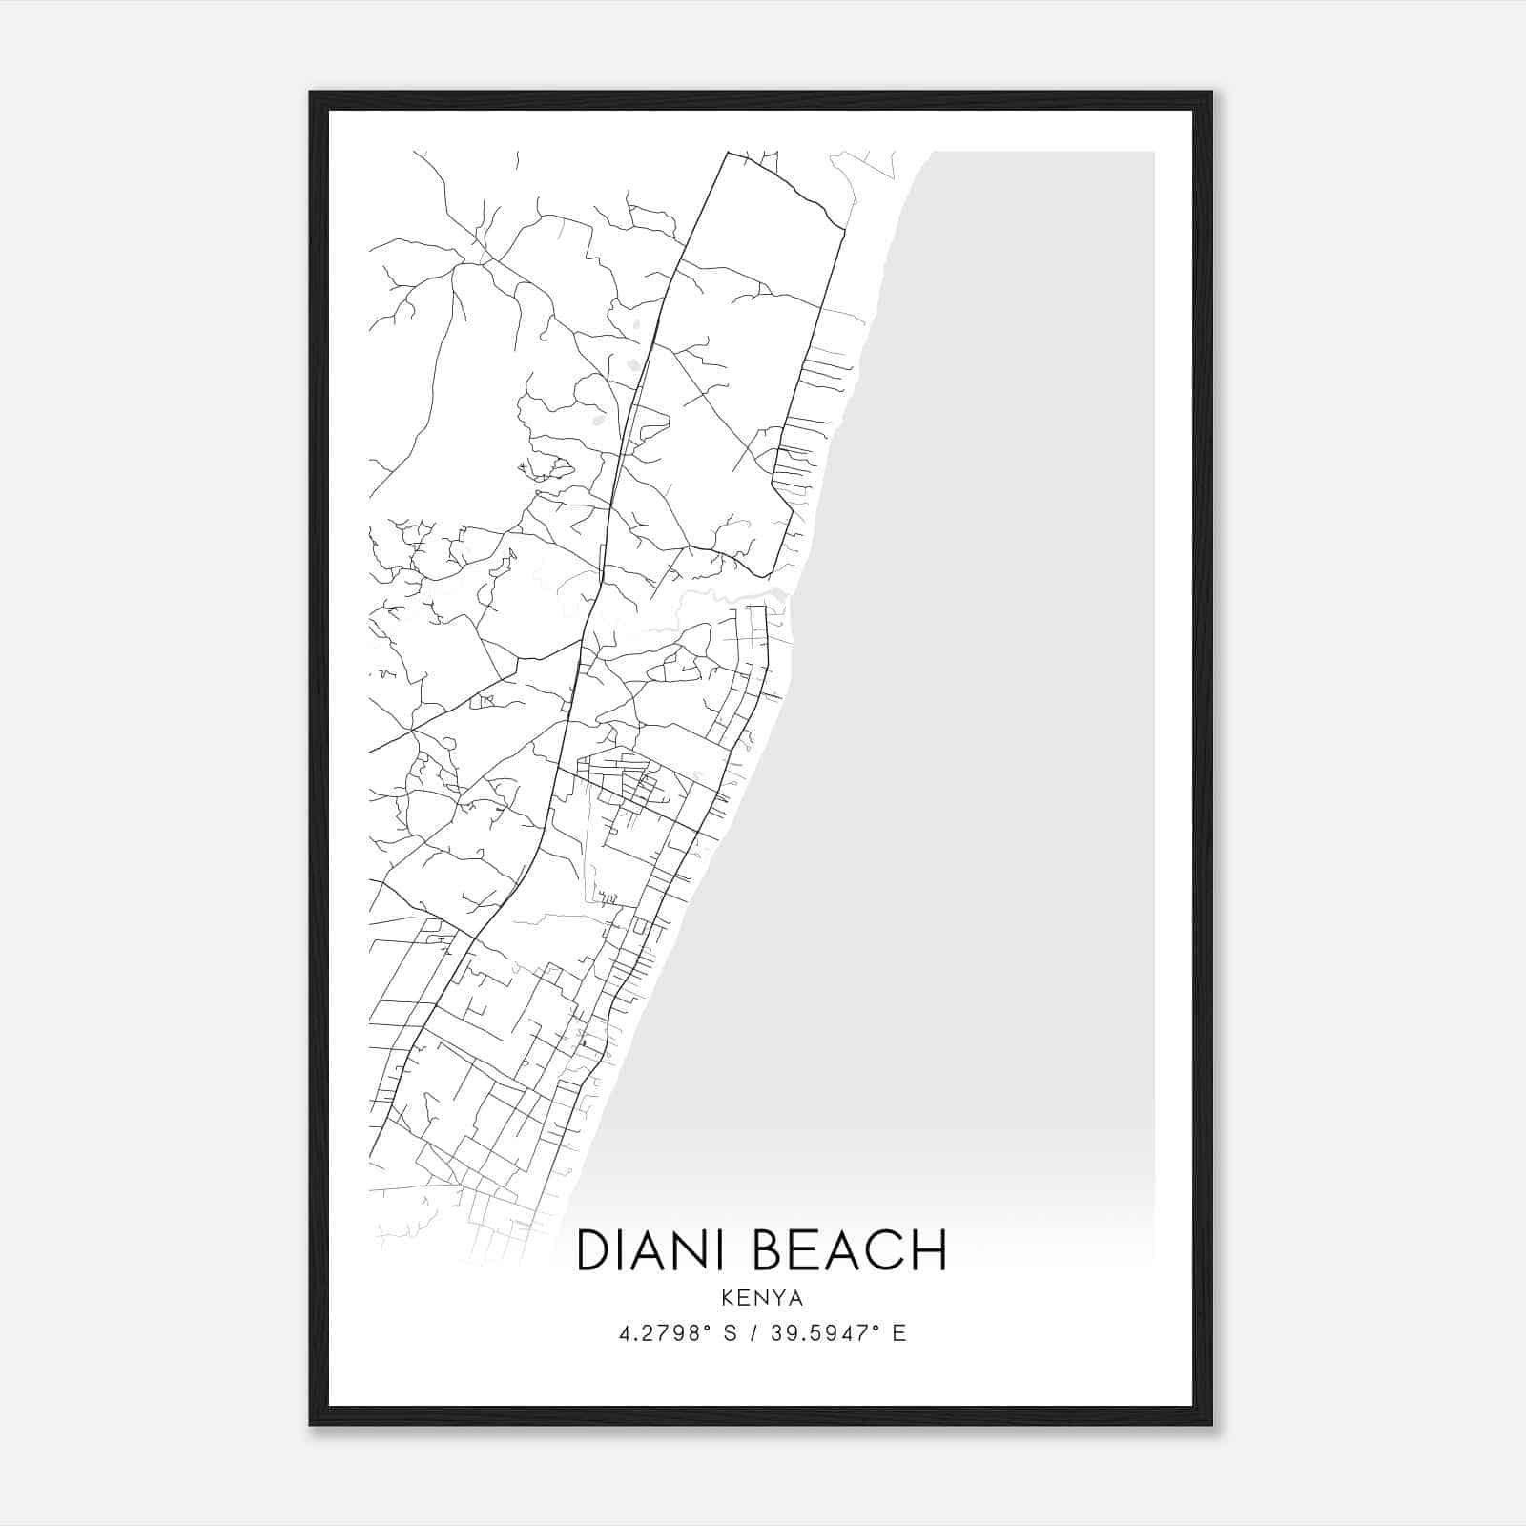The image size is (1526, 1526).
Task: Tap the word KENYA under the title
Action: pos(762,1298)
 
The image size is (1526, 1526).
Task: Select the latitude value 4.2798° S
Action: pos(677,1333)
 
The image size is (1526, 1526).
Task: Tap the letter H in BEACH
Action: pos(929,1250)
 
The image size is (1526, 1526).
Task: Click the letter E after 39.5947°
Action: pos(898,1333)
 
